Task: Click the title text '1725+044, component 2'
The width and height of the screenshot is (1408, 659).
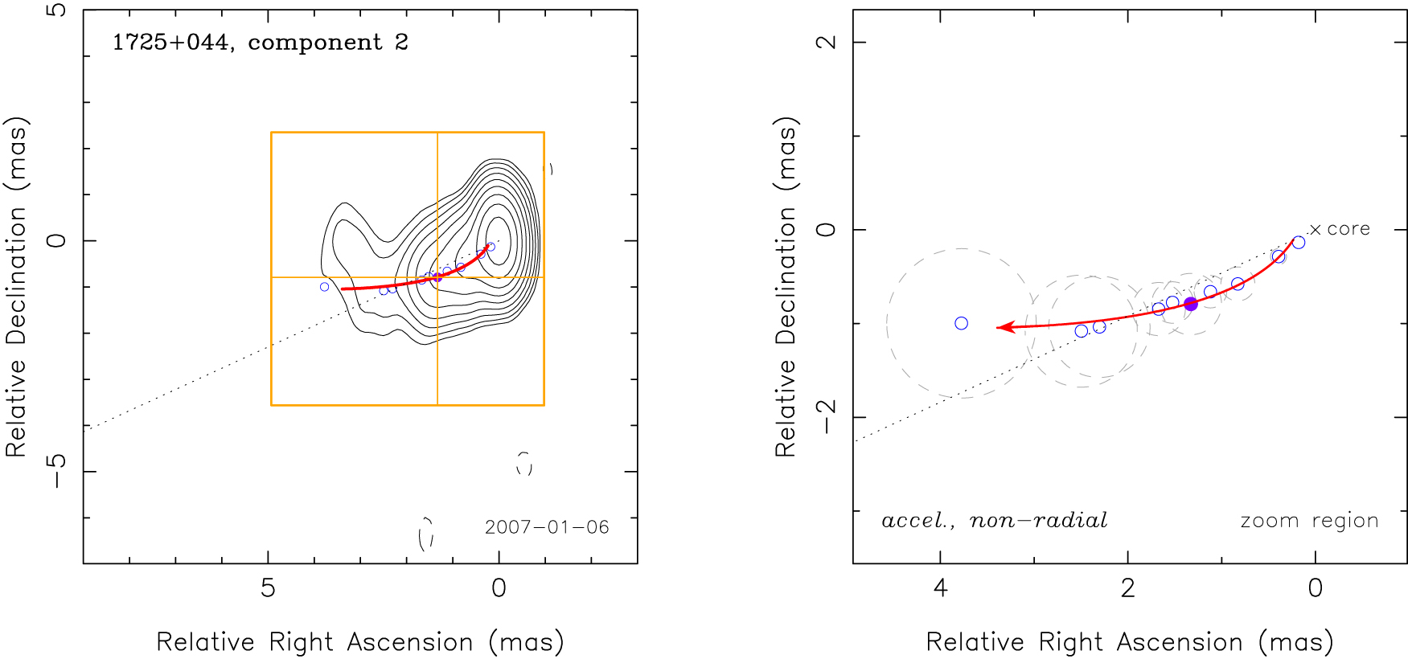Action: (260, 43)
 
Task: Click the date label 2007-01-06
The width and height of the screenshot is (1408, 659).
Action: (547, 527)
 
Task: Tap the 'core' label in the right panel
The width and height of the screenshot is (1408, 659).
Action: (1348, 229)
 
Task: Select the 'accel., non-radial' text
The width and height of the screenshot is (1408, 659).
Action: (995, 521)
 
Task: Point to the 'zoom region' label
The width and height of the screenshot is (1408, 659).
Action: (1309, 521)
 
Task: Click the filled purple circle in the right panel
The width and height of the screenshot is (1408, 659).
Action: (1191, 304)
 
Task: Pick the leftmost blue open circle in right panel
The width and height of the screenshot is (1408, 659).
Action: (961, 323)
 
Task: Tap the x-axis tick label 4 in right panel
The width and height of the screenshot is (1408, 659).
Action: (940, 588)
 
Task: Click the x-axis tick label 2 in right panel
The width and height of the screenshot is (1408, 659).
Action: (1127, 588)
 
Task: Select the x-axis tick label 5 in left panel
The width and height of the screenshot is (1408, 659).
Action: (268, 588)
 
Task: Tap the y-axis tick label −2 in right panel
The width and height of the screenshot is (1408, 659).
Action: (826, 416)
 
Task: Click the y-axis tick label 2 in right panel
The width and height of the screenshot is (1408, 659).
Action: (826, 42)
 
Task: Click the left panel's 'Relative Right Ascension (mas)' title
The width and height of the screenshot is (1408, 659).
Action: (359, 642)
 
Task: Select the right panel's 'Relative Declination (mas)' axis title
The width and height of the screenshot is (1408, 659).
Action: (785, 287)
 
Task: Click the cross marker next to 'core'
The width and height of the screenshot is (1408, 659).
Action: (1316, 230)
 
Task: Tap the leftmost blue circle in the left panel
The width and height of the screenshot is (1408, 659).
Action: (324, 287)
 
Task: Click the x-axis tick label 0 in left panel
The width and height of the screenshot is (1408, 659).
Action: (499, 588)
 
